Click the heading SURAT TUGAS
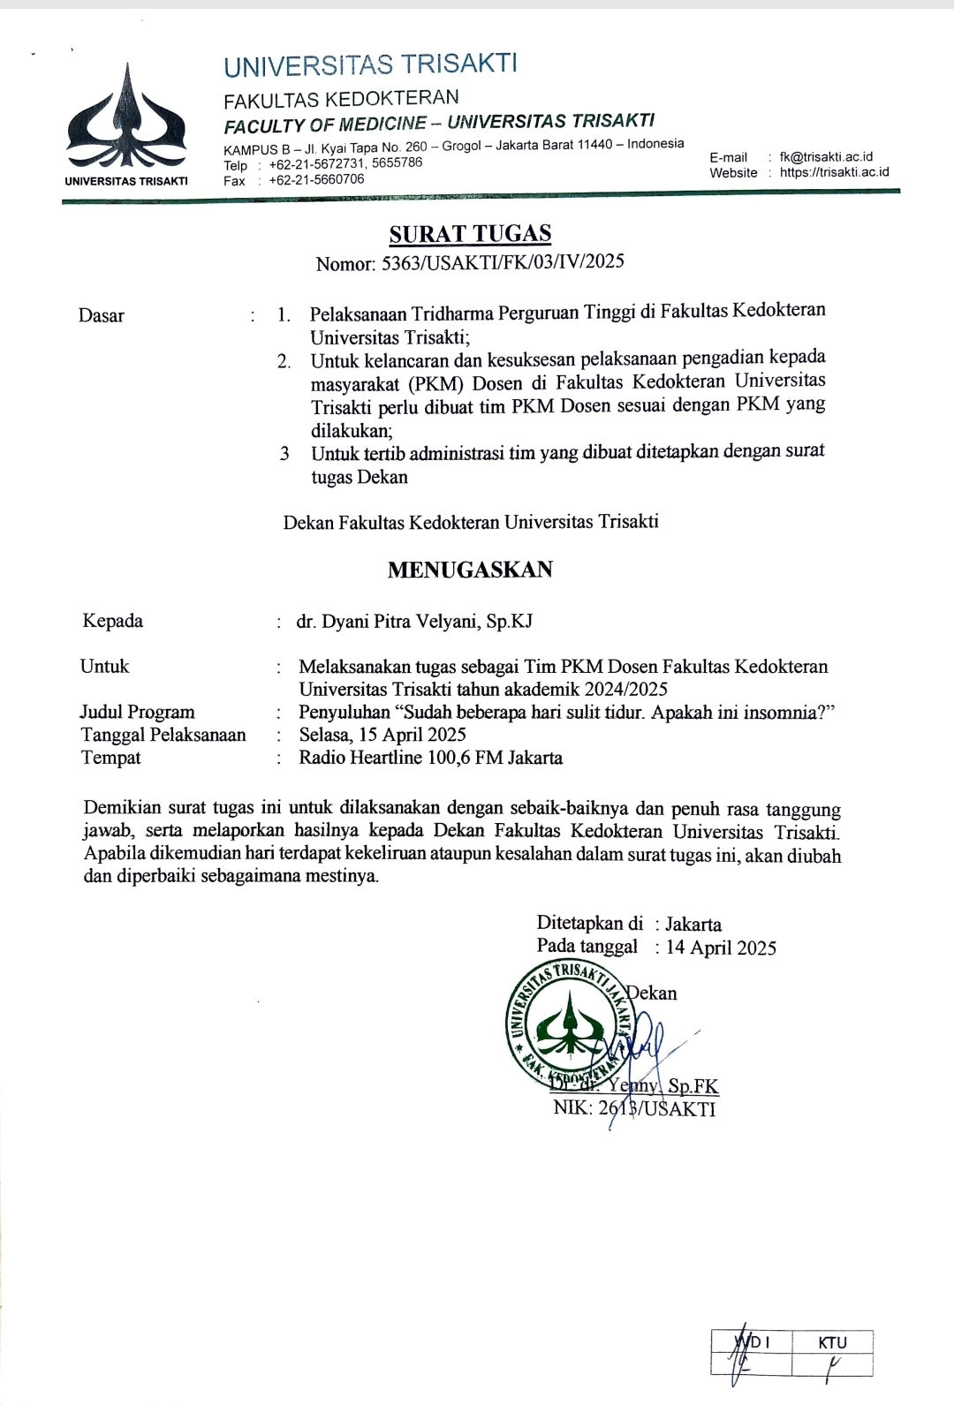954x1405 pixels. [x=470, y=234]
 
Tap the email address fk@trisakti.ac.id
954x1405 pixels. [x=826, y=156]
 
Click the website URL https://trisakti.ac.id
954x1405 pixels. [x=834, y=172]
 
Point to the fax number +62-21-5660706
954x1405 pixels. [x=316, y=179]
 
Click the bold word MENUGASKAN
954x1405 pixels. [x=470, y=570]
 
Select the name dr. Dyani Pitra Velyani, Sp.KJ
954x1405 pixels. [x=414, y=621]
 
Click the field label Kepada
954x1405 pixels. [x=112, y=621]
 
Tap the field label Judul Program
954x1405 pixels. [x=137, y=712]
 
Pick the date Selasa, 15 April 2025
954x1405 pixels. [x=382, y=735]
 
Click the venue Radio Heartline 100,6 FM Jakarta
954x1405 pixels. [x=430, y=758]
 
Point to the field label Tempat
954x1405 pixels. [x=110, y=758]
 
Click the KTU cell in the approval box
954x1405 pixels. [x=832, y=1342]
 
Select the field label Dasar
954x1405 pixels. [x=101, y=315]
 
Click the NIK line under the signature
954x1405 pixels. [x=634, y=1107]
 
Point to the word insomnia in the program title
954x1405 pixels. [x=777, y=712]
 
